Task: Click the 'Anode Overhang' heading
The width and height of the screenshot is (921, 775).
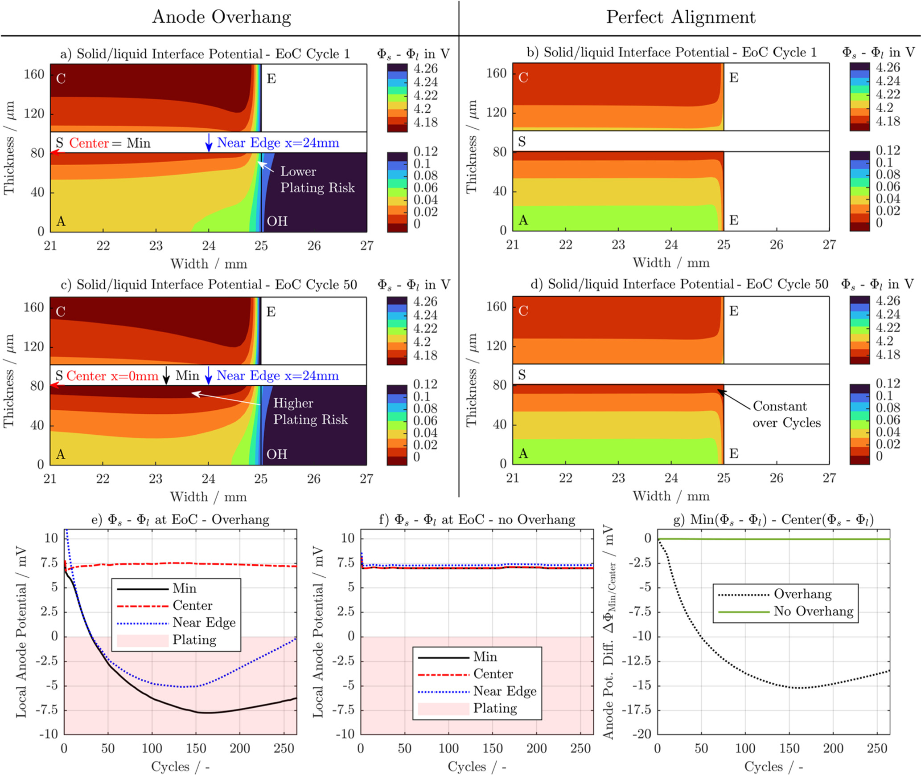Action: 222,17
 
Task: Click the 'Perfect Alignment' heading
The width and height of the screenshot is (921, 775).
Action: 680,17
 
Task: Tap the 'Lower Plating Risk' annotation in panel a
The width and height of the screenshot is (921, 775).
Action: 317,179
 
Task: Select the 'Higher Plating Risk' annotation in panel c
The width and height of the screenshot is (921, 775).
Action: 310,411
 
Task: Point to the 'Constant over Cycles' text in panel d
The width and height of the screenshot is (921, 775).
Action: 786,414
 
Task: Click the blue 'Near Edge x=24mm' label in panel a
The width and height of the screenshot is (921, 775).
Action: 278,143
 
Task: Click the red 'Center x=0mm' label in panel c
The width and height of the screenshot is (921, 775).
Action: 112,376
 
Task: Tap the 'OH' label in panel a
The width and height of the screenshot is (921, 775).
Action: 277,221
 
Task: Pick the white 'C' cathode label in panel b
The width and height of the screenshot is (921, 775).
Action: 523,77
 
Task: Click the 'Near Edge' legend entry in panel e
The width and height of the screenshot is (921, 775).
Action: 204,622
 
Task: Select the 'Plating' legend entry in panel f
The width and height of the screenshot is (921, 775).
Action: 495,708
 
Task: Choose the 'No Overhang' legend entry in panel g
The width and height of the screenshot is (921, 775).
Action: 813,611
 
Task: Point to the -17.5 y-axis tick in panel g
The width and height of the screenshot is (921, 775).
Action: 640,710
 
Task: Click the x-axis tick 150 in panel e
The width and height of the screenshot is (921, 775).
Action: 196,748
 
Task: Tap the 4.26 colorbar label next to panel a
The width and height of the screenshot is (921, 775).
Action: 425,69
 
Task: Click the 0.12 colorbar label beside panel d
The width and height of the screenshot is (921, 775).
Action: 888,383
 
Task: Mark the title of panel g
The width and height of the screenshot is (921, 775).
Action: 773,519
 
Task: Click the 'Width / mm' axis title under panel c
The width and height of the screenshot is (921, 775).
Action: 208,497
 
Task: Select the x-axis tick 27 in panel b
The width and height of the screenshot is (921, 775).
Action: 829,245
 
